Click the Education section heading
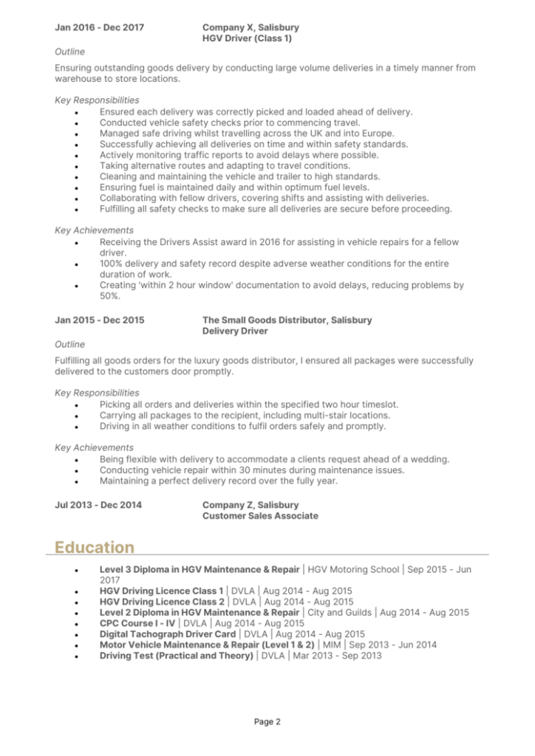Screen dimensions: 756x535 click(95, 548)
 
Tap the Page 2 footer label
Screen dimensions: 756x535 click(267, 722)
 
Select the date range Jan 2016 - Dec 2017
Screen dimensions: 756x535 click(100, 28)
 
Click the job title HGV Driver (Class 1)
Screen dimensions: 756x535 click(247, 38)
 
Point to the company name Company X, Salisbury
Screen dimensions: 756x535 click(251, 28)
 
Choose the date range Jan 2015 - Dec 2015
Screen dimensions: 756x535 click(100, 320)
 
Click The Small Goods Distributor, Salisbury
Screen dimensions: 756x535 click(287, 320)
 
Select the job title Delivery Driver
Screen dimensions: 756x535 click(235, 331)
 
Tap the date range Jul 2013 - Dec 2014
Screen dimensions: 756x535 click(98, 505)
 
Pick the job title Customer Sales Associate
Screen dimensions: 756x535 click(260, 516)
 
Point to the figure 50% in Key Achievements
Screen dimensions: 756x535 click(109, 295)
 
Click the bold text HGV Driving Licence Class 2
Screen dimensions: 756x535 click(161, 602)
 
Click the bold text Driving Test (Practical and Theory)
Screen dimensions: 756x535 click(176, 655)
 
